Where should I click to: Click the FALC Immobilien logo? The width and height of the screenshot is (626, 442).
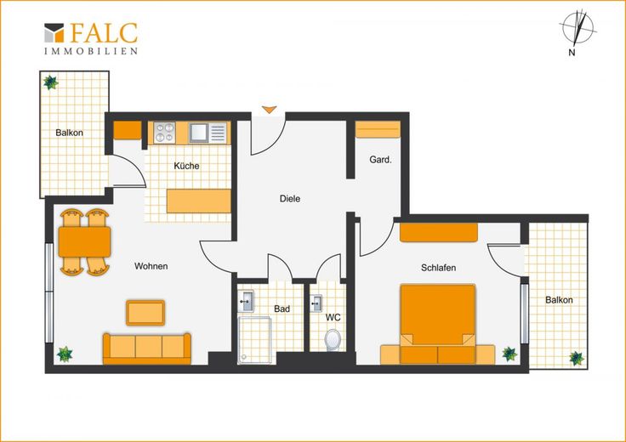91,38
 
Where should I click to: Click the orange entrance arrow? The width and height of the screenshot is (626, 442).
270,110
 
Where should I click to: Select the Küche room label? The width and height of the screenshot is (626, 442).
186,166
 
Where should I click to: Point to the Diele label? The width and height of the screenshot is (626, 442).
290,198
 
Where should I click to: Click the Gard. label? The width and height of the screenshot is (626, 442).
380,160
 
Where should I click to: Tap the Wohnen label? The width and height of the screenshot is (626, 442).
151,266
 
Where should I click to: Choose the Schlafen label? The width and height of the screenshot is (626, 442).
438,267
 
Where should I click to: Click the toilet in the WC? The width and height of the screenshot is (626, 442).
333,340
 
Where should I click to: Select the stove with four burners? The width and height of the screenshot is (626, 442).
164,133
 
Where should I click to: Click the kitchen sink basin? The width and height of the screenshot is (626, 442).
198,133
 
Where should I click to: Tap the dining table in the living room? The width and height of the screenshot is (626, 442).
85,241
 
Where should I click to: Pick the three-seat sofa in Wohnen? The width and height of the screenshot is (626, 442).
147,348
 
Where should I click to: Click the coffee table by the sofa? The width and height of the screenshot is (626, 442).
145,313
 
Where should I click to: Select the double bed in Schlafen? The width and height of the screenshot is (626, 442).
438,324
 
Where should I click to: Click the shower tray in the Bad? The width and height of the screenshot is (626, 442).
254,340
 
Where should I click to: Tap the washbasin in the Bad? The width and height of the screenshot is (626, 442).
246,301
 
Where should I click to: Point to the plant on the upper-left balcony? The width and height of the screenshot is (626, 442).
51,82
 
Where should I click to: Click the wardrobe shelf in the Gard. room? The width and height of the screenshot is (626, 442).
378,129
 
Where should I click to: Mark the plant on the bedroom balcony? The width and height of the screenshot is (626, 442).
577,358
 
